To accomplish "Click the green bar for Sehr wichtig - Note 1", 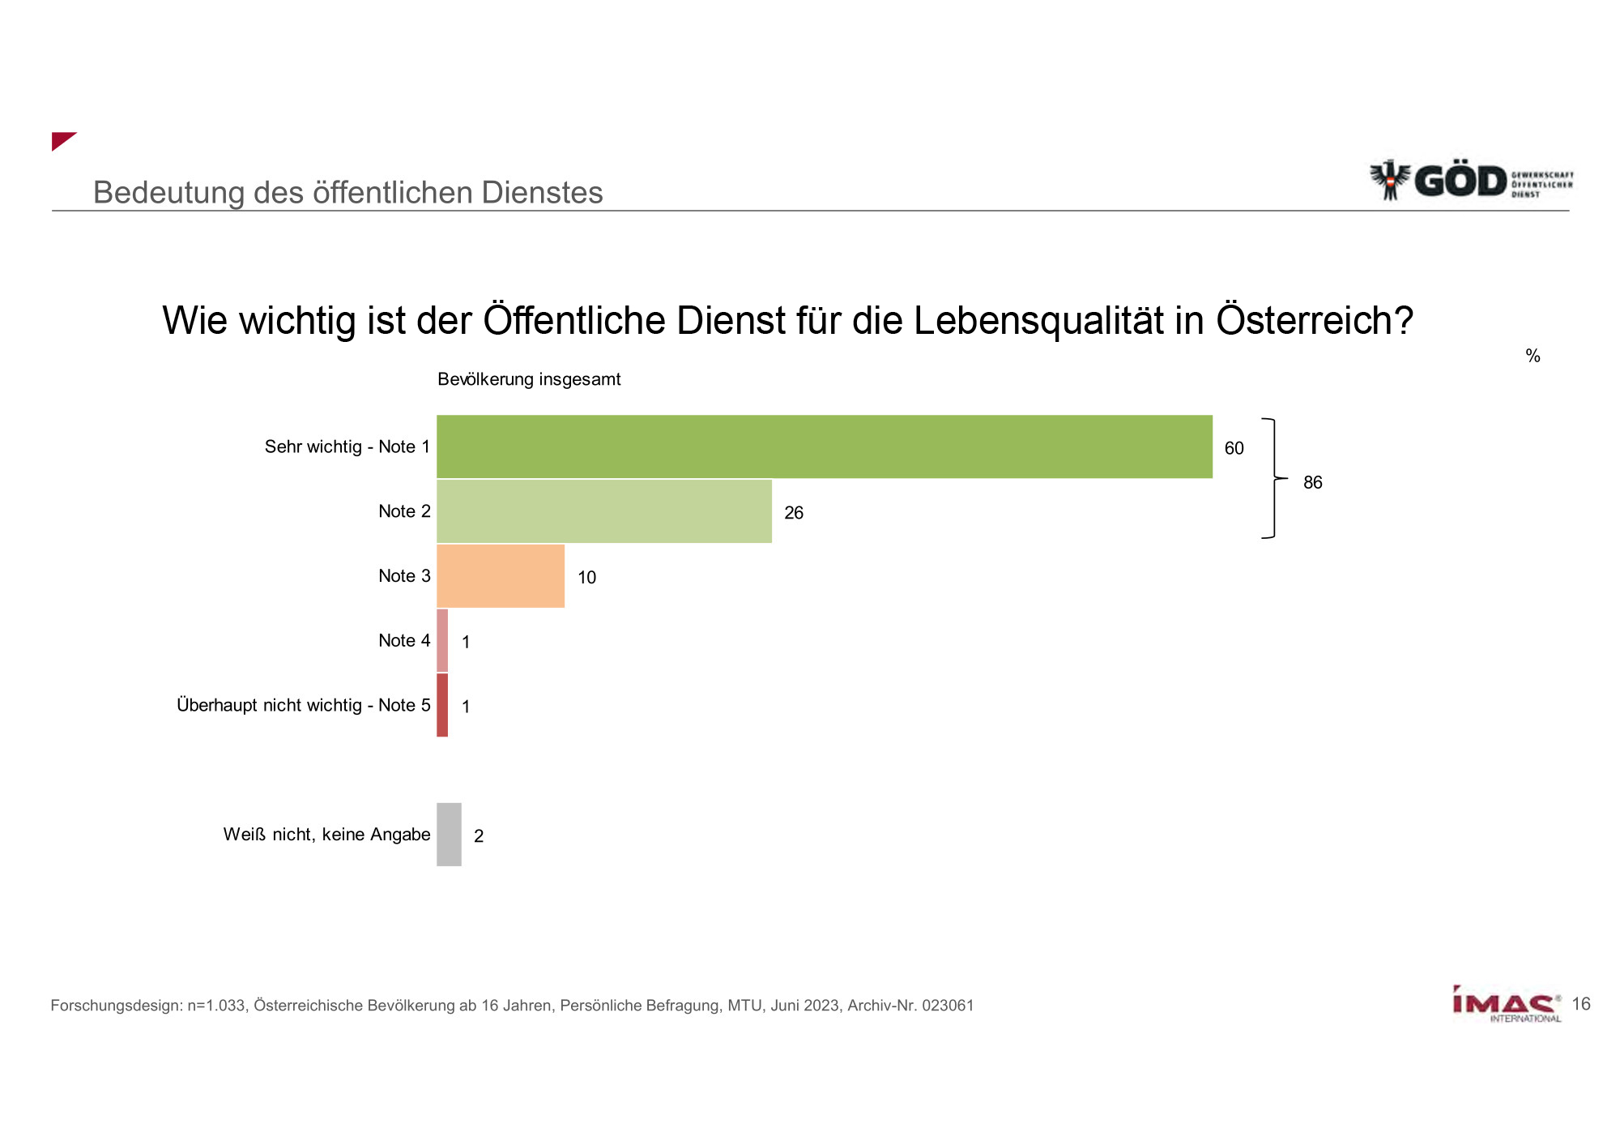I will (x=825, y=446).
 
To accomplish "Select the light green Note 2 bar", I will (x=604, y=511).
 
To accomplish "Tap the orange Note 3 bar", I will (x=501, y=576).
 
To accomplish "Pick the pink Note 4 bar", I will (x=442, y=640).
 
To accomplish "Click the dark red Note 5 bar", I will (x=442, y=705).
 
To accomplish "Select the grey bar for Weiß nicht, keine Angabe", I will (x=449, y=835).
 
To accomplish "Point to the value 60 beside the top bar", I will (x=1234, y=448).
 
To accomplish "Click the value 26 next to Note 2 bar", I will (x=794, y=513).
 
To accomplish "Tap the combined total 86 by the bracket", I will (x=1312, y=482).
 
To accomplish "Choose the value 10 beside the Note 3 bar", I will (x=586, y=578).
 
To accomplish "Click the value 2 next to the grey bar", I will (x=479, y=836).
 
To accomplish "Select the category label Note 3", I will (x=404, y=576).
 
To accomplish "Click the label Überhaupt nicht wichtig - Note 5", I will (x=304, y=705).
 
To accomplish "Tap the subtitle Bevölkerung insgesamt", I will (x=529, y=379).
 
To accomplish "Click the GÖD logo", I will (x=1470, y=180).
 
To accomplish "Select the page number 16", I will (x=1581, y=1004).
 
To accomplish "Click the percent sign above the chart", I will (x=1533, y=356).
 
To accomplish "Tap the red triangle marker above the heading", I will (x=62, y=140).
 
